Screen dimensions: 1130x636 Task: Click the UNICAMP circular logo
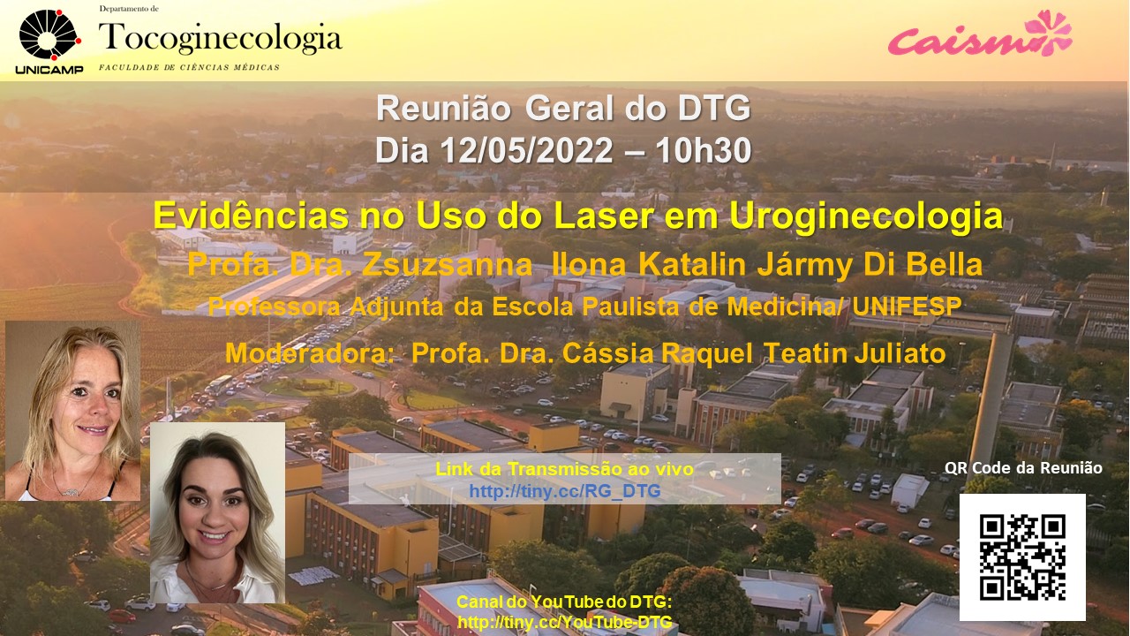(x=50, y=34)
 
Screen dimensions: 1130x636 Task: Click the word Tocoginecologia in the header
(x=221, y=38)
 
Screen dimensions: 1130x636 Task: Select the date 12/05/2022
(x=527, y=150)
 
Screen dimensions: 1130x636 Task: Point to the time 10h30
(x=704, y=150)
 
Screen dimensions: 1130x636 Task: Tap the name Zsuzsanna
(x=447, y=264)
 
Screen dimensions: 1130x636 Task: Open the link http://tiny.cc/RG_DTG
(x=564, y=490)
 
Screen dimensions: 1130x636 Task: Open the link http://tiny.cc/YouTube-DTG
(x=564, y=621)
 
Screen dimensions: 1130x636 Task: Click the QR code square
(x=1022, y=556)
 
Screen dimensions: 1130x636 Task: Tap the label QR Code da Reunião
(x=1023, y=468)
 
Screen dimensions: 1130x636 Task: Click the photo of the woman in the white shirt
(x=217, y=512)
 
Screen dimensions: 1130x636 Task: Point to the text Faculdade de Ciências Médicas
(x=189, y=67)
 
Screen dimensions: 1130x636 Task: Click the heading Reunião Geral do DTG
(x=563, y=109)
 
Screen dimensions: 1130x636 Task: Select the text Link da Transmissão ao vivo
(x=564, y=469)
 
